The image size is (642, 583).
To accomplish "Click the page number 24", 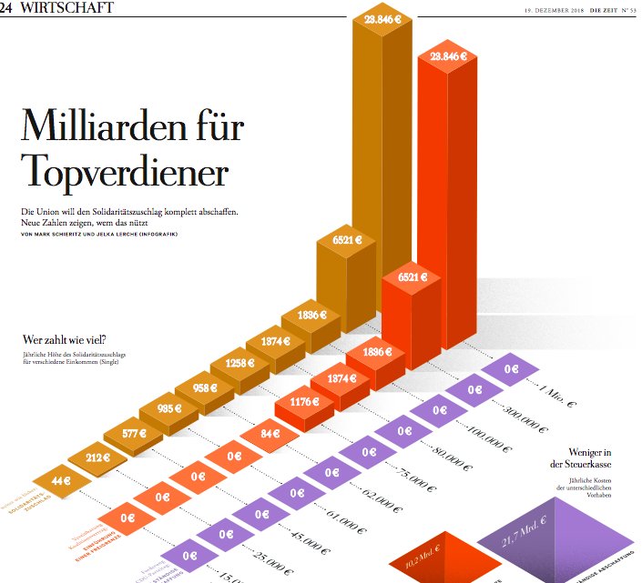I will tap(7, 8).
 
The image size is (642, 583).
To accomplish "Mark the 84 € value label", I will tap(271, 433).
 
